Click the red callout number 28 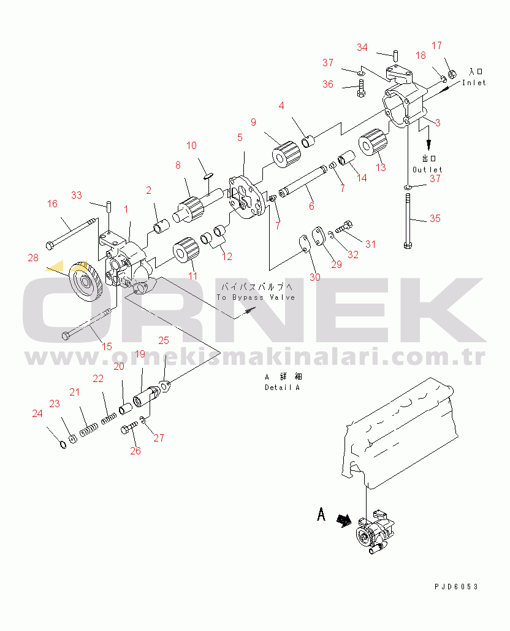tap(33, 258)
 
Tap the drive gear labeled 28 tap(85, 281)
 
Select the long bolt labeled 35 tap(408, 221)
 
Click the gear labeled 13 tap(373, 142)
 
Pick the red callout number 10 tap(191, 145)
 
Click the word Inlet tap(474, 83)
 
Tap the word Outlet tap(427, 169)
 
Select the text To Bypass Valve tap(256, 297)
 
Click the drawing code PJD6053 tap(456, 587)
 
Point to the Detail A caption tap(283, 387)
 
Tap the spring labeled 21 tap(88, 430)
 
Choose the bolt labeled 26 tap(129, 427)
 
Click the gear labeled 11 tap(186, 250)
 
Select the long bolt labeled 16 tap(72, 232)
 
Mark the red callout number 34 tap(362, 47)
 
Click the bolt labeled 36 tap(361, 88)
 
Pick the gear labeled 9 tap(286, 154)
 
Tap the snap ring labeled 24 tap(63, 445)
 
